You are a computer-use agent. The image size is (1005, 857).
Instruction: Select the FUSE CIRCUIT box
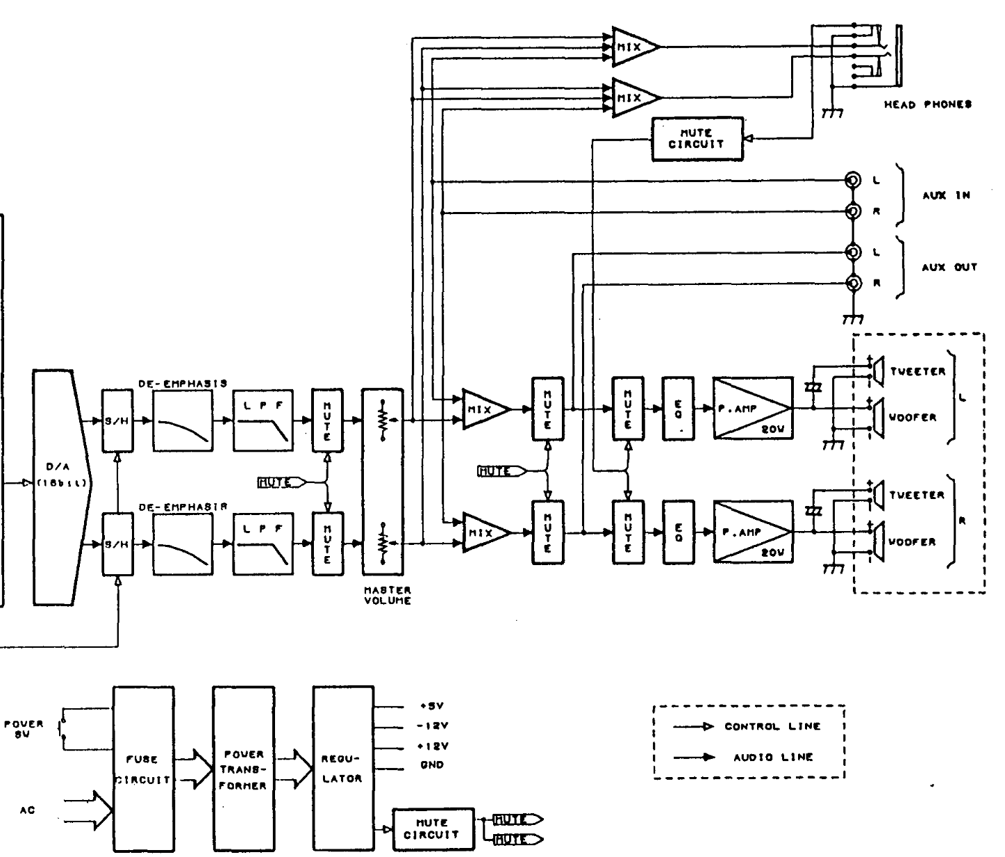pyautogui.click(x=143, y=769)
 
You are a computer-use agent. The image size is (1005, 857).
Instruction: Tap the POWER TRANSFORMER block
pyautogui.click(x=243, y=769)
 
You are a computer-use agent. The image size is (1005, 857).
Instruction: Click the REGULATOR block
pyautogui.click(x=343, y=769)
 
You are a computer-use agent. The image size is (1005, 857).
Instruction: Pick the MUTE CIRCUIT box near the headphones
pyautogui.click(x=696, y=139)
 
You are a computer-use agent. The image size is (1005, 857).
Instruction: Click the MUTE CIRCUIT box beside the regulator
pyautogui.click(x=433, y=829)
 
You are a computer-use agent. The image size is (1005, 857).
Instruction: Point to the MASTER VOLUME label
pyautogui.click(x=387, y=595)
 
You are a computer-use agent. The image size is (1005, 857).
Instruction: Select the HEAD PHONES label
pyautogui.click(x=927, y=105)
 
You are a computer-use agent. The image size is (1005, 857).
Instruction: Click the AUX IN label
pyautogui.click(x=945, y=196)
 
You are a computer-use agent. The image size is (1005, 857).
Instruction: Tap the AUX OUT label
pyautogui.click(x=949, y=267)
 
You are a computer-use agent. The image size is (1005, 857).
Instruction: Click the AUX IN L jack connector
pyautogui.click(x=852, y=181)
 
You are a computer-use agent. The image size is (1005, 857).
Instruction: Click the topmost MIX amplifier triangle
pyautogui.click(x=633, y=47)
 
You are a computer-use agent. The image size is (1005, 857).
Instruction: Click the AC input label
pyautogui.click(x=28, y=810)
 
